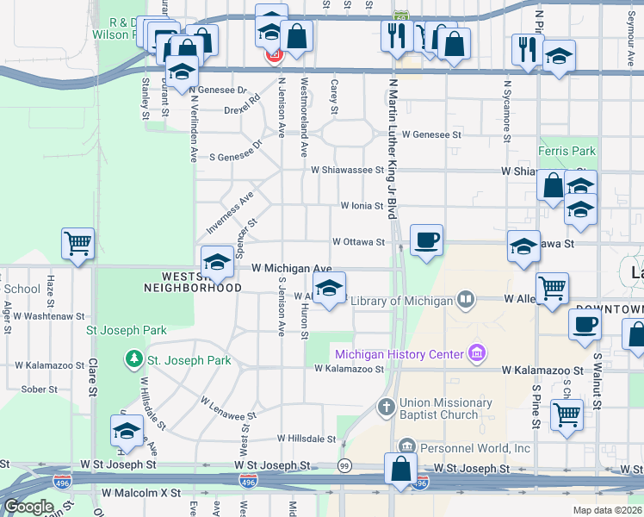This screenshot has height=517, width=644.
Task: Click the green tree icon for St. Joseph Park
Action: [x=133, y=358]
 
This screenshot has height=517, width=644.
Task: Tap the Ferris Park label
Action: [x=562, y=151]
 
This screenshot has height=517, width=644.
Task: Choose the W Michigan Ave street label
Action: [x=291, y=269]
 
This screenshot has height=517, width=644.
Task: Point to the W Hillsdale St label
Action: [x=306, y=439]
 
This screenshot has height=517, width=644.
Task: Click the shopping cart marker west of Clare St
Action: [x=77, y=244]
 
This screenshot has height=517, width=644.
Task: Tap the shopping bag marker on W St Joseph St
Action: [x=400, y=470]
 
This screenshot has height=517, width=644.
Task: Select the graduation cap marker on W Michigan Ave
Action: [x=217, y=262]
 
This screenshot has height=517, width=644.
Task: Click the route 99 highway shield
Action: [x=344, y=466]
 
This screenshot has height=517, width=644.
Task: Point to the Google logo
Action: [x=28, y=507]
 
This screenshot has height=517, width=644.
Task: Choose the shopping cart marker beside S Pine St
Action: [x=566, y=414]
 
